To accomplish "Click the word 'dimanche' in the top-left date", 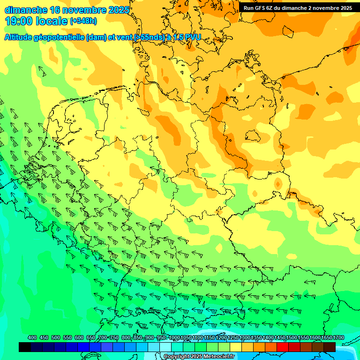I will (25, 10).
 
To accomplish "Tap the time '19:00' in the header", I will (18, 21).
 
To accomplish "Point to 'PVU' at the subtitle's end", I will (192, 37).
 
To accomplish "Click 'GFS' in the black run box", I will (261, 8).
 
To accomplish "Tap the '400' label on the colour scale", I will (32, 337).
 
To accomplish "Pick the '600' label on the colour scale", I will (79, 337).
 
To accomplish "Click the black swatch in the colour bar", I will (25, 347).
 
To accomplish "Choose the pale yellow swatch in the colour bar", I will (236, 347).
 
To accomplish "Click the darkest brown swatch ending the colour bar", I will (330, 347).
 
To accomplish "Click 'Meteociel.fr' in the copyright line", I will (218, 357).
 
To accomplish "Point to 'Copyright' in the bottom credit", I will (177, 357).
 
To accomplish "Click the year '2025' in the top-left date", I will (119, 10).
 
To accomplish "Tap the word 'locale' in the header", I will (52, 21).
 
